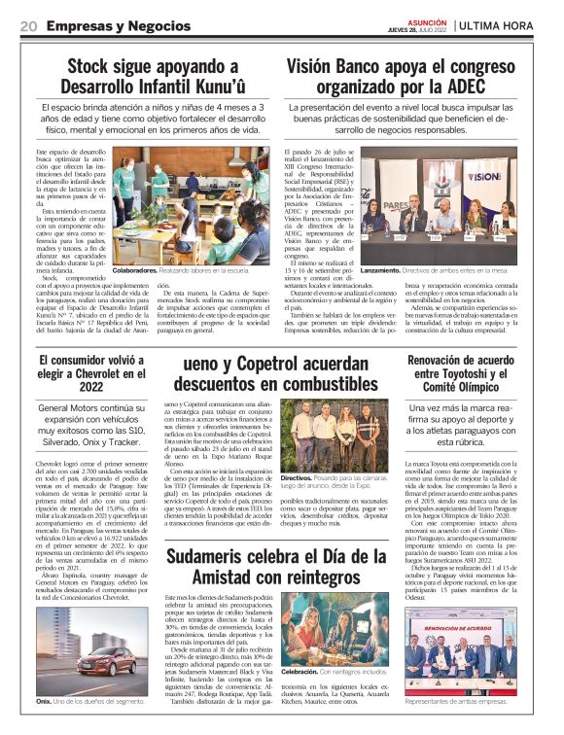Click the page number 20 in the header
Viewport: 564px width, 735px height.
point(28,25)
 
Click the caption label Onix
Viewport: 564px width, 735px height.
point(44,701)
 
